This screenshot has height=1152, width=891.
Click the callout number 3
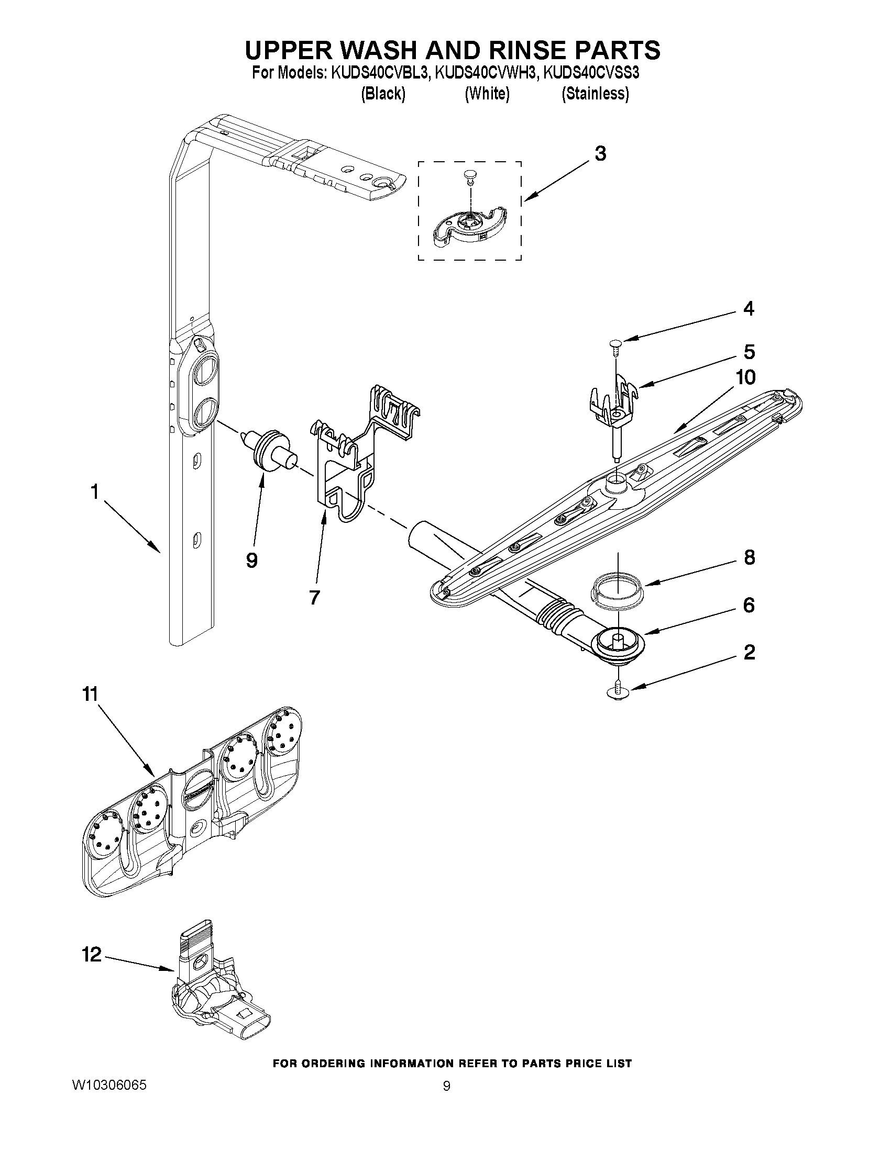click(x=600, y=154)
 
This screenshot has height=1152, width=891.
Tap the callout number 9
click(x=252, y=560)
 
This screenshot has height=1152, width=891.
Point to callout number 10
click(x=745, y=377)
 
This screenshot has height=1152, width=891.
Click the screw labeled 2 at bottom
click(x=617, y=692)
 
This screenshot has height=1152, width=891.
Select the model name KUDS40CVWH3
click(x=485, y=72)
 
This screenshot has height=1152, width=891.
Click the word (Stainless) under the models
click(x=595, y=94)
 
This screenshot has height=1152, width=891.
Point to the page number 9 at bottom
click(x=447, y=1086)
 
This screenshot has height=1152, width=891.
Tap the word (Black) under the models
click(x=383, y=94)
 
